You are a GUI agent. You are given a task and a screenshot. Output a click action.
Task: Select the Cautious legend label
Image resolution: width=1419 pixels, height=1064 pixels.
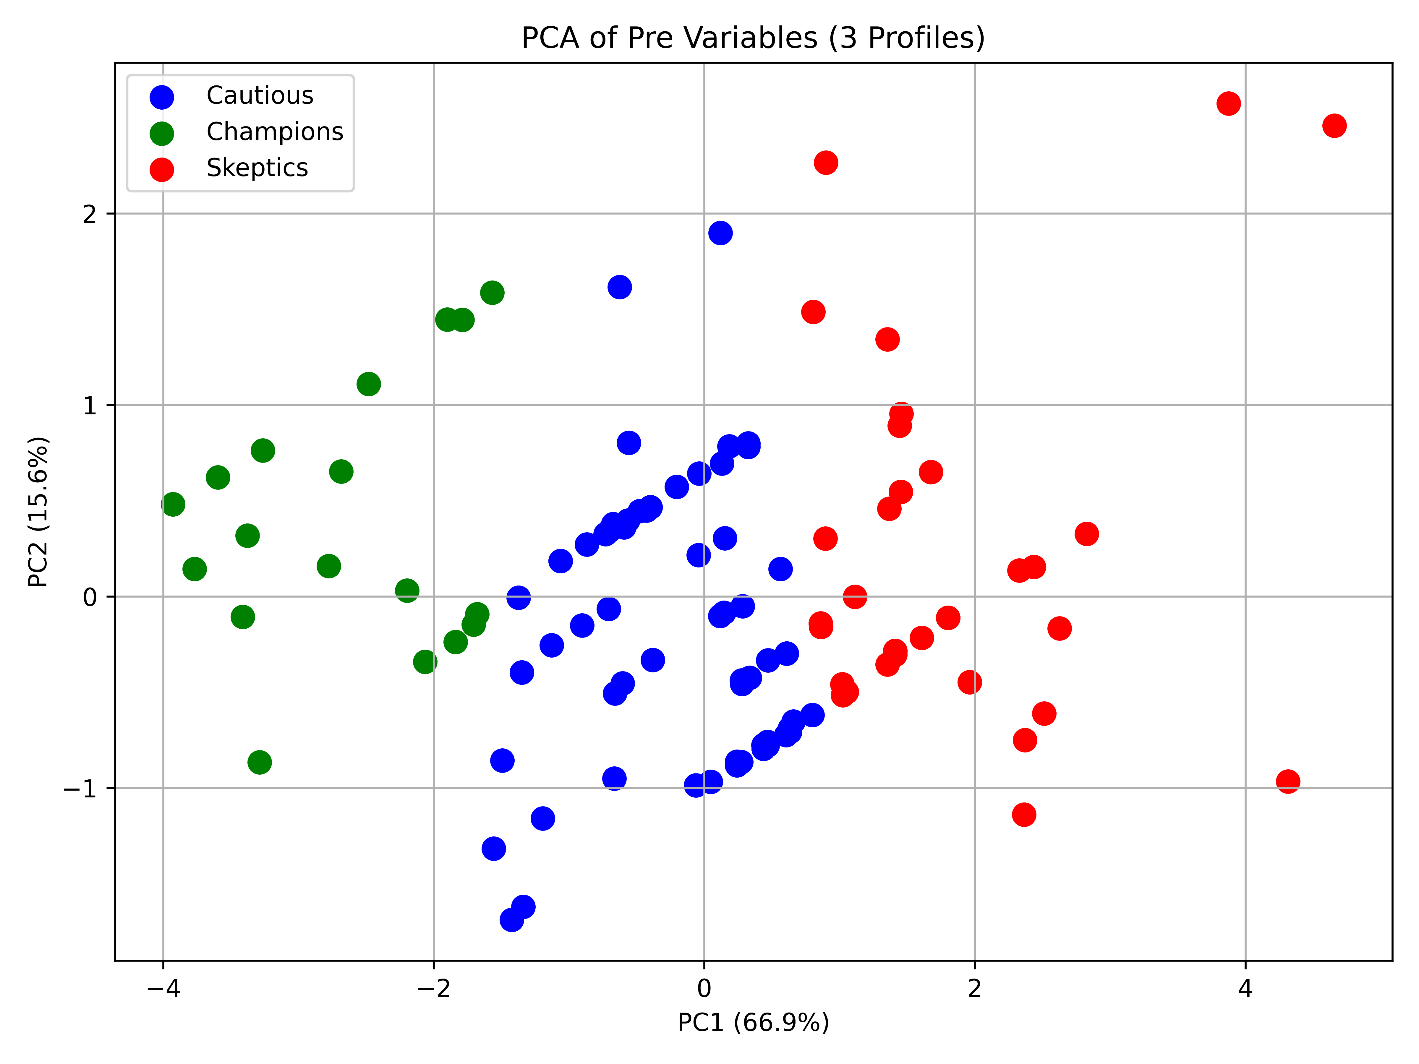click(260, 95)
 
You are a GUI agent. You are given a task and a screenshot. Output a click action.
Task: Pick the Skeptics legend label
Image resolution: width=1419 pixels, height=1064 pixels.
click(257, 168)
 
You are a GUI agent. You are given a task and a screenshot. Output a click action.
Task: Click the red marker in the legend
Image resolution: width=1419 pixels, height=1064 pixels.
click(162, 169)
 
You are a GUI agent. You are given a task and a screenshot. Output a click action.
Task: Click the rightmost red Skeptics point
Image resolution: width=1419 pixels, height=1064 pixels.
click(1334, 126)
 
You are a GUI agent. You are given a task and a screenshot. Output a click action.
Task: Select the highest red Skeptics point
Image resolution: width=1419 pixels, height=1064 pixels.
click(1228, 103)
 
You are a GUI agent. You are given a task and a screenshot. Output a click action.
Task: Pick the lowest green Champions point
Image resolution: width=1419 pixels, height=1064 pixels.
click(259, 762)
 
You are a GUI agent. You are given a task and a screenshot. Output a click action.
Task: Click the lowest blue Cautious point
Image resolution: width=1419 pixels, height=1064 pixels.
click(511, 920)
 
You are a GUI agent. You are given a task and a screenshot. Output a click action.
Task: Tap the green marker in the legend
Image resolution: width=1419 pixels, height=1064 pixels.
click(162, 133)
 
